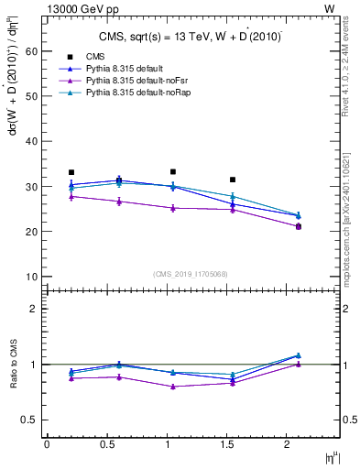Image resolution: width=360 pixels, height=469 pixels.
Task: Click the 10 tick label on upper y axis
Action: [x=30, y=277]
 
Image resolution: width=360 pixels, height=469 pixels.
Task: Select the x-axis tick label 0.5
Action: [x=107, y=444]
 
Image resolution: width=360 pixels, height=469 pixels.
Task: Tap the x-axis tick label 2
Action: [x=287, y=444]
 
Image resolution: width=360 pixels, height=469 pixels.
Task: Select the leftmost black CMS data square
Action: [x=71, y=172]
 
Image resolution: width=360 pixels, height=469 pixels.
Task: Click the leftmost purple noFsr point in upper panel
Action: [x=71, y=196]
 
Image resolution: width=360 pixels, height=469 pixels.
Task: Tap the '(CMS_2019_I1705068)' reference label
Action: [x=189, y=272]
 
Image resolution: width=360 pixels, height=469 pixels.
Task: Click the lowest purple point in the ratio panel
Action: [x=172, y=387]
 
